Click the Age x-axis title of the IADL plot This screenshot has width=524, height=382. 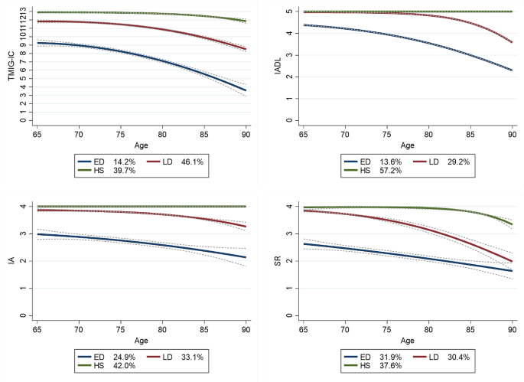[x=407, y=145]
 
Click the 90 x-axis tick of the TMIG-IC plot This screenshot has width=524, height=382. [x=246, y=134]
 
